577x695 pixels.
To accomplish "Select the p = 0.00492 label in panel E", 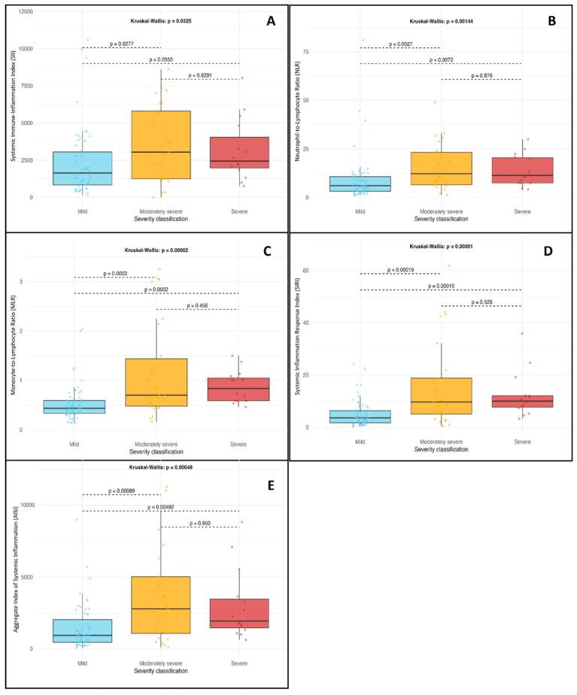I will click(160, 506).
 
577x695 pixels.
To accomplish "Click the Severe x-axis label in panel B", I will click(520, 211).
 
